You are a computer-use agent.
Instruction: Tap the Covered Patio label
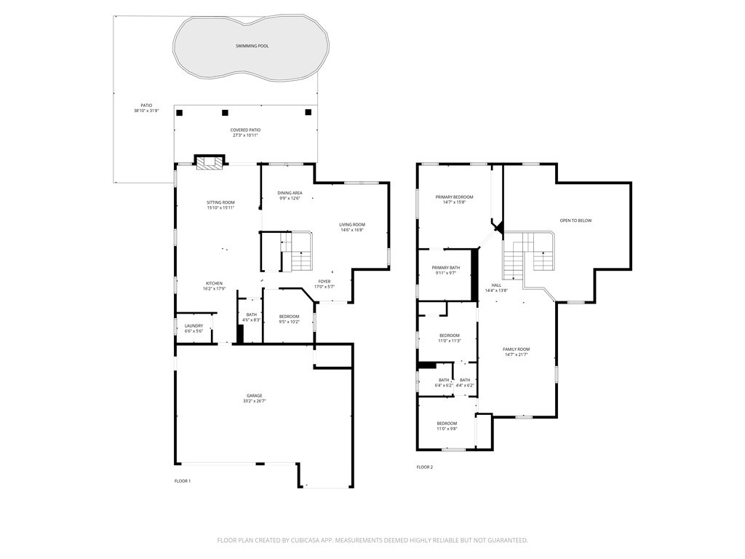click(x=245, y=130)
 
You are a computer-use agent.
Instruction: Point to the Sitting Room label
click(x=220, y=202)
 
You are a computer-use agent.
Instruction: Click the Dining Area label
click(x=290, y=193)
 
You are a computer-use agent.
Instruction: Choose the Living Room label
click(x=351, y=225)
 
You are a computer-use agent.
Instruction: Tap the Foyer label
click(x=324, y=281)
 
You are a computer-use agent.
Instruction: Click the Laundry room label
click(x=194, y=326)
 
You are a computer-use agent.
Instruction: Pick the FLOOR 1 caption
click(x=183, y=481)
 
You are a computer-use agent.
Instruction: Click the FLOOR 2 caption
click(x=425, y=467)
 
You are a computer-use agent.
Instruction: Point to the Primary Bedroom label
click(x=454, y=197)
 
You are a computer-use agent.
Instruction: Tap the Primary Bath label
click(x=445, y=268)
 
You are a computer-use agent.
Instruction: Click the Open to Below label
click(x=575, y=220)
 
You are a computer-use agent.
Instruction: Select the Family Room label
click(x=516, y=349)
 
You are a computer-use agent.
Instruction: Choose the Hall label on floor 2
click(x=496, y=285)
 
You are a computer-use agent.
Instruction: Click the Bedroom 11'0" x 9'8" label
click(x=447, y=424)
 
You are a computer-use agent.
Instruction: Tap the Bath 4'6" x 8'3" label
click(x=251, y=314)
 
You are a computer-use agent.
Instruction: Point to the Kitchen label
click(x=214, y=283)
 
